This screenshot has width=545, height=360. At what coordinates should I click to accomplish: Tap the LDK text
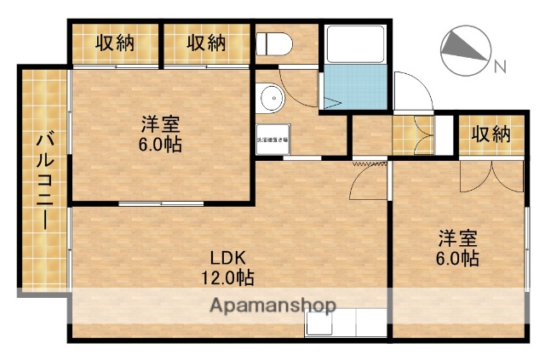(x=228, y=258)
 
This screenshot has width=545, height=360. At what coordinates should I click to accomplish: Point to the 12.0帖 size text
(x=228, y=277)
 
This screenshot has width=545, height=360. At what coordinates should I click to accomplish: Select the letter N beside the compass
(x=501, y=65)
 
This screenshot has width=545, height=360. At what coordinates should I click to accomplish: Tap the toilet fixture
(x=274, y=43)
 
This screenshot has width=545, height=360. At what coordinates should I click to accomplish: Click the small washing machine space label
(x=272, y=139)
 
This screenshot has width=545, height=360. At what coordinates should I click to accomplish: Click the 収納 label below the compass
(x=490, y=134)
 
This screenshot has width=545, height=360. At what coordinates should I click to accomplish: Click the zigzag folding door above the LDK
(x=364, y=161)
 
